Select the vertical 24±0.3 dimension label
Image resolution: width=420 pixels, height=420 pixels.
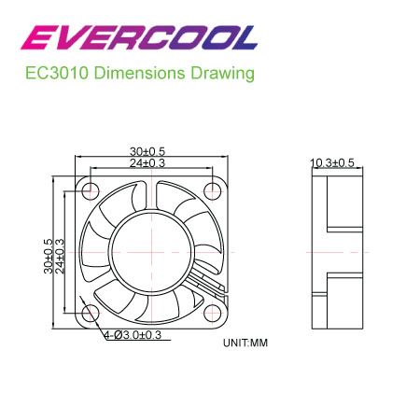coord(61,253)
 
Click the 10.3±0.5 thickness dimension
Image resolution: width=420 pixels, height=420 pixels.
coord(332,163)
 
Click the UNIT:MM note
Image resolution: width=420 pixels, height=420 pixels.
coord(245,343)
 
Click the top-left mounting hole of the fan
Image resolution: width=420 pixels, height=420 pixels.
coord(91,191)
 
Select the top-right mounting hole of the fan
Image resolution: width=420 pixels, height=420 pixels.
coord(213,191)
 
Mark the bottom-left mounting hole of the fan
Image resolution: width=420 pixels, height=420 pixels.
coord(91,314)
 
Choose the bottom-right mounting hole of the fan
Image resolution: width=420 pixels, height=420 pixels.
coord(213,314)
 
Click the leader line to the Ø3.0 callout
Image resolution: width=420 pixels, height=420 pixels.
coord(99,323)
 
